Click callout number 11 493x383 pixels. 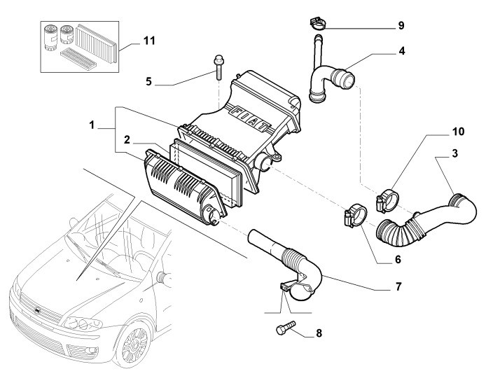click(x=149, y=41)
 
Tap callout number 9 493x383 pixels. click(x=401, y=25)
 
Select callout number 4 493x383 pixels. click(x=401, y=51)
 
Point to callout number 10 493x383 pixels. click(x=458, y=132)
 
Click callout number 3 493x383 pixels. click(x=455, y=153)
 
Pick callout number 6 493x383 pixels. click(x=398, y=260)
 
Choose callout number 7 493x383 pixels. click(x=398, y=286)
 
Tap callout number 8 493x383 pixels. click(x=319, y=333)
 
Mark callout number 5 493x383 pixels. click(x=148, y=81)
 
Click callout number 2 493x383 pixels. click(x=127, y=140)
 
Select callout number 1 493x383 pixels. click(x=92, y=125)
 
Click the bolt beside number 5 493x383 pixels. click(x=218, y=67)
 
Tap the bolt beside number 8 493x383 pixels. click(x=286, y=328)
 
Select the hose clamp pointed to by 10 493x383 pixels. click(x=387, y=200)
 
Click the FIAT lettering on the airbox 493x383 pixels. click(x=250, y=119)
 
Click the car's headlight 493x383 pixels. click(x=83, y=323)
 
